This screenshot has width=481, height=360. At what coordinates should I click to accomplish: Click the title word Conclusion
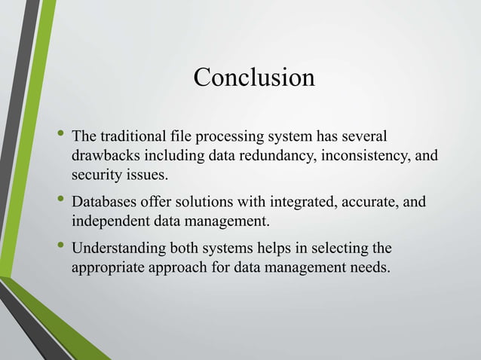[254, 78]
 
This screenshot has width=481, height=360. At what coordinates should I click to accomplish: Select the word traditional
[128, 138]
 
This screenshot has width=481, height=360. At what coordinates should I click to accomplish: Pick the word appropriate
[109, 268]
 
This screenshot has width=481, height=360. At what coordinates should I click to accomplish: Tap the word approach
[182, 268]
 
